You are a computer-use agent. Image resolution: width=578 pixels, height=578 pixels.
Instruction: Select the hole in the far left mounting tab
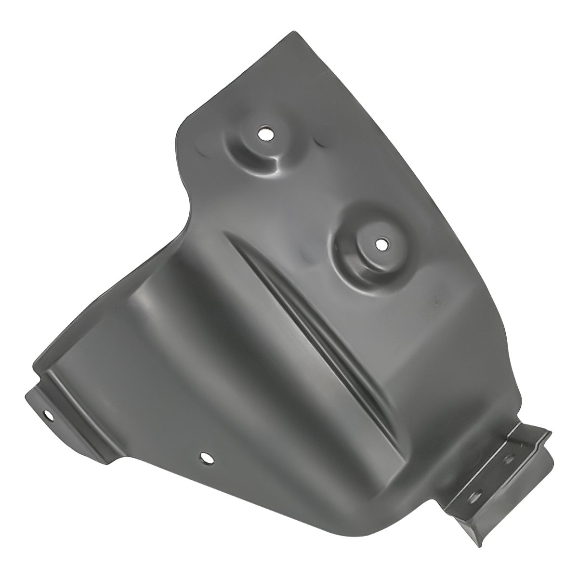click(48, 414)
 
